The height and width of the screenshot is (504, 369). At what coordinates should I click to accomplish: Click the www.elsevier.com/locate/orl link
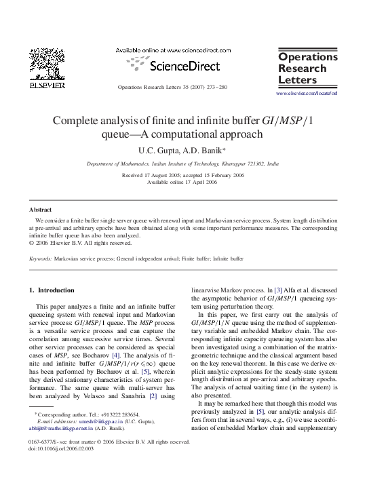click(x=307, y=92)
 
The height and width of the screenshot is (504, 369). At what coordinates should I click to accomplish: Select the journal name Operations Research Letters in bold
click(x=307, y=69)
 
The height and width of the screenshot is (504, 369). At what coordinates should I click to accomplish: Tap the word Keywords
click(x=40, y=258)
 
